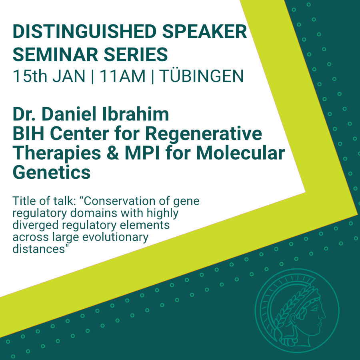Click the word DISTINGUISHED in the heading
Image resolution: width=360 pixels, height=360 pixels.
(85, 32)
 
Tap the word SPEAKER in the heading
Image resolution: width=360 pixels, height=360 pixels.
(204, 32)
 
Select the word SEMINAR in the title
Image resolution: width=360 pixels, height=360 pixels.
(55, 54)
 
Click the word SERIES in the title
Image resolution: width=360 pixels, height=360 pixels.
(136, 54)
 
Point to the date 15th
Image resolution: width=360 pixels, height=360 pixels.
(30, 76)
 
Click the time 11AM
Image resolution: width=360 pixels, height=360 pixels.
(123, 76)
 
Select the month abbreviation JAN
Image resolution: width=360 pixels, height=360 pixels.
(69, 76)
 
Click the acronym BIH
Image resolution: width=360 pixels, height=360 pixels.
(28, 133)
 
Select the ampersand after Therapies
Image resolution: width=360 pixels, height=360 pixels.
(113, 153)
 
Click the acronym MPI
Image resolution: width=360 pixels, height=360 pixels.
(142, 153)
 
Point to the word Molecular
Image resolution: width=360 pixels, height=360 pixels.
(241, 153)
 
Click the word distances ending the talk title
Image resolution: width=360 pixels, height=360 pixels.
(39, 249)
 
